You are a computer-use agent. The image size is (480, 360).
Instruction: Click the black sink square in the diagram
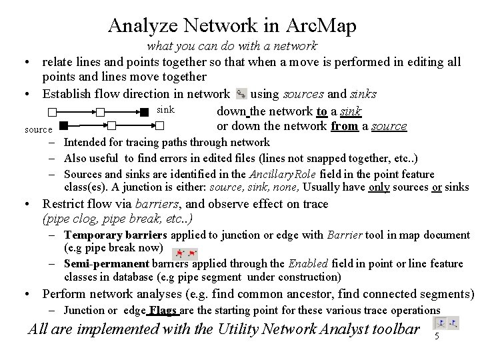(x=145, y=112)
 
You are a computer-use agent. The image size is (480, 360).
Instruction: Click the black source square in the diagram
(x=63, y=125)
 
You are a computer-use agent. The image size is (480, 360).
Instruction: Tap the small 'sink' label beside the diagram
(x=165, y=109)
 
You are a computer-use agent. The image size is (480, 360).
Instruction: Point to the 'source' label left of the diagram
(x=38, y=129)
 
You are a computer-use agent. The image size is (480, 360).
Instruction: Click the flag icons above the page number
(x=445, y=323)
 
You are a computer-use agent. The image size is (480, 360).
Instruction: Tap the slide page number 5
(x=437, y=337)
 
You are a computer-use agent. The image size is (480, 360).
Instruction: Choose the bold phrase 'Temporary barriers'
(x=117, y=235)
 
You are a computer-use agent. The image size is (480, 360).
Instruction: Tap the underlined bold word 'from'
(x=344, y=126)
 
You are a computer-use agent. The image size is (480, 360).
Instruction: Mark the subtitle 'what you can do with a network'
(x=232, y=47)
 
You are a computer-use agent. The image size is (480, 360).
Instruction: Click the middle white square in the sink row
(x=100, y=112)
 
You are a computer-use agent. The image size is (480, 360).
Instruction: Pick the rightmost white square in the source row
(x=159, y=125)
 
